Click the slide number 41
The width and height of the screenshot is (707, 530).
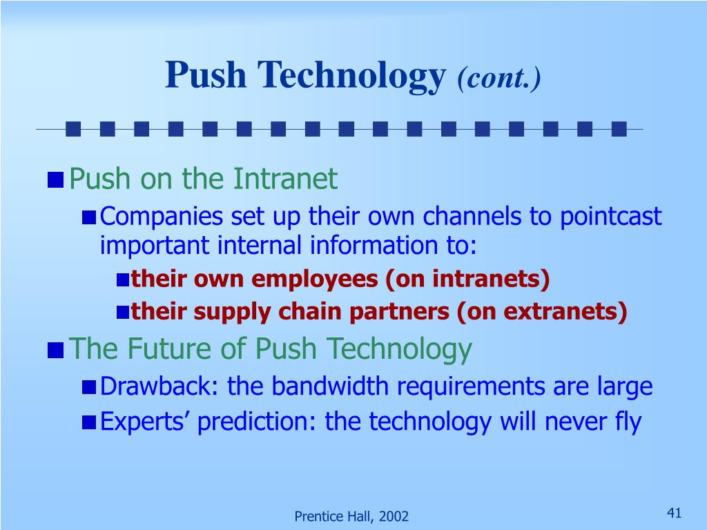click(674, 513)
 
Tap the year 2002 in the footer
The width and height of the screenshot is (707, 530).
click(393, 516)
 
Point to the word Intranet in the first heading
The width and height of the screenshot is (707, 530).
click(285, 179)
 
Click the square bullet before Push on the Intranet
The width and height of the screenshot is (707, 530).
click(55, 180)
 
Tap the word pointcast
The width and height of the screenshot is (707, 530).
click(610, 217)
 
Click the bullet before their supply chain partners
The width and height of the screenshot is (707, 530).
click(123, 313)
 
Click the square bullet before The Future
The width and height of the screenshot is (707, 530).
click(55, 350)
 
